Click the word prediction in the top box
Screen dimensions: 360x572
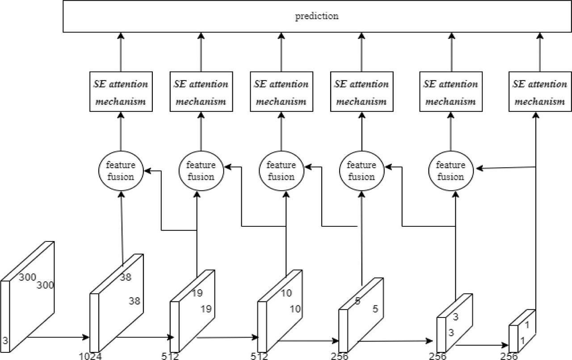coord(317,17)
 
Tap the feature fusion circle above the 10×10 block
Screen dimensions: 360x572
coord(281,171)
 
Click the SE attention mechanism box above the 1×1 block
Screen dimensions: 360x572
coord(539,93)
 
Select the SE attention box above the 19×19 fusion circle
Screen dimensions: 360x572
coord(201,93)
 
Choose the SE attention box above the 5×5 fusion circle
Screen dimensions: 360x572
coord(361,93)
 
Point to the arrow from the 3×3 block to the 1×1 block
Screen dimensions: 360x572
coord(485,346)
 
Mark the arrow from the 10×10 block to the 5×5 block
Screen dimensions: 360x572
coord(308,341)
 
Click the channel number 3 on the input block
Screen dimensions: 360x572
coord(4,341)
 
